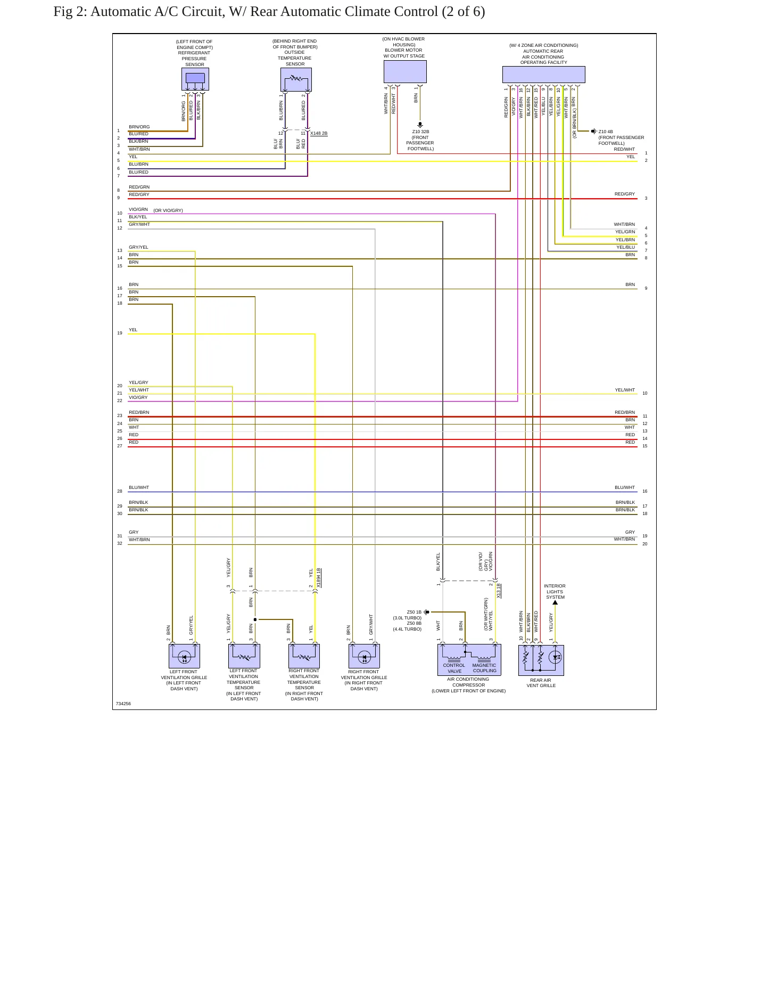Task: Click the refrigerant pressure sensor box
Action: point(195,79)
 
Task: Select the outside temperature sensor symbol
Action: point(296,79)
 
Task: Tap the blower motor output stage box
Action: point(405,71)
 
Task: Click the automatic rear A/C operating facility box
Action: point(543,75)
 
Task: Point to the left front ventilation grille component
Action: point(184,656)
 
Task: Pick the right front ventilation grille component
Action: point(364,656)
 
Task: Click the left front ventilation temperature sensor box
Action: point(244,656)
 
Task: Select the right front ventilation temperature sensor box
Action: point(304,656)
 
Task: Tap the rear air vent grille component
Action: point(541,660)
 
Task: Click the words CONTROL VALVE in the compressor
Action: point(454,668)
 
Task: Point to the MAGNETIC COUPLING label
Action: point(484,668)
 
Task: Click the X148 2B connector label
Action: point(319,133)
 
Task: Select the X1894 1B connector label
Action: point(319,578)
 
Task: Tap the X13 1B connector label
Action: point(499,591)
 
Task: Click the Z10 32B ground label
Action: point(420,132)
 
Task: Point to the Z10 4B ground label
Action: point(606,132)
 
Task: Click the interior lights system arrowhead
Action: point(555,602)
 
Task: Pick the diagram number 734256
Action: point(123,704)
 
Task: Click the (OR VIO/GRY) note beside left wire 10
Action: point(168,210)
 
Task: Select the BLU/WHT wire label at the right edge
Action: point(625,487)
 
